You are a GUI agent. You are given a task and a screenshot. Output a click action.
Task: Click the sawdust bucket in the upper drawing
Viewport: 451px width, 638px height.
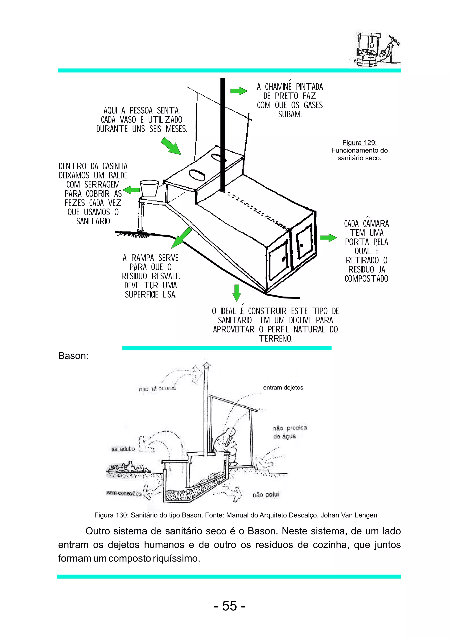tap(149, 188)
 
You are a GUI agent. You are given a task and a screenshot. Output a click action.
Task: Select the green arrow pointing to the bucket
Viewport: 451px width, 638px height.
tap(131, 190)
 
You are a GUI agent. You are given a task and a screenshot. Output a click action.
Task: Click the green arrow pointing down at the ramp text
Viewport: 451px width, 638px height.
tap(181, 238)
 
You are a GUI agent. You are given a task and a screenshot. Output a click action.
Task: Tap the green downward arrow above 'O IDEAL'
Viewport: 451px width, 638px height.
tap(236, 293)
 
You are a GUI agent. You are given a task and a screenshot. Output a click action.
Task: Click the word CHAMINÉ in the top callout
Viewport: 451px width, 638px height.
tap(278, 87)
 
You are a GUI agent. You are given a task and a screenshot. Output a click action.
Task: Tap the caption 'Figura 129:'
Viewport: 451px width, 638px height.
tap(359, 143)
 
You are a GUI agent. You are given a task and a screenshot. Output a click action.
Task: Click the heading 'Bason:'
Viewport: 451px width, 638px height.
tap(73, 356)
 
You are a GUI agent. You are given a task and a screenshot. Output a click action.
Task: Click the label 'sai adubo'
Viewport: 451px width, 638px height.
tap(123, 449)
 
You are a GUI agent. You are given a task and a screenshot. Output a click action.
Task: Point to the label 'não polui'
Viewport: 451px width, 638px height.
tap(266, 495)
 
